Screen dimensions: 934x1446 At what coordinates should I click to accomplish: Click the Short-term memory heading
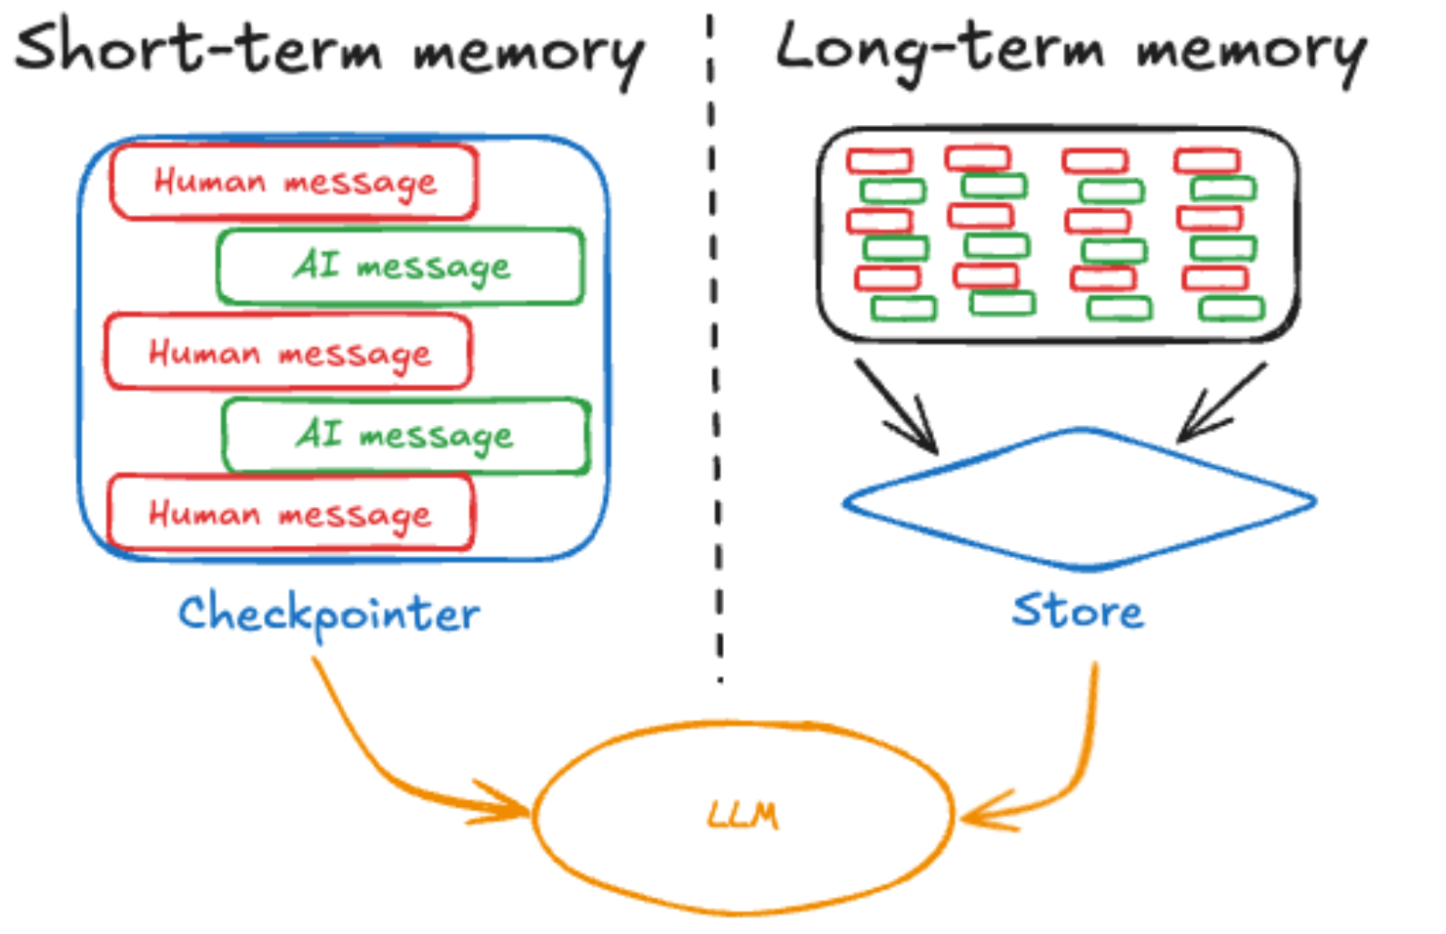point(329,49)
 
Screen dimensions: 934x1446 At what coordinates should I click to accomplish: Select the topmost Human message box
point(294,182)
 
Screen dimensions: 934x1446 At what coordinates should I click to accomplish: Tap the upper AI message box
point(401,266)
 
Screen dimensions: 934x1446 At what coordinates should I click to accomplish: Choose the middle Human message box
point(289,352)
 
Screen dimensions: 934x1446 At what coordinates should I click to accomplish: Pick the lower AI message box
point(405,435)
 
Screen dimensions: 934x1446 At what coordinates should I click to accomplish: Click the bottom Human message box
point(290,513)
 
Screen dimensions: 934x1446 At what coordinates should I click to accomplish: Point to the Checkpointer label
point(328,614)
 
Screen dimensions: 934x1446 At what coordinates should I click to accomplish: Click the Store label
point(1078,612)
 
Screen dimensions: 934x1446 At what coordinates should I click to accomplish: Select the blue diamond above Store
point(1080,499)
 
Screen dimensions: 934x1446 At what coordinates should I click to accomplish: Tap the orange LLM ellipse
point(743,817)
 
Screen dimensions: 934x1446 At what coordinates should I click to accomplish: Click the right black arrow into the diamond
point(1221,403)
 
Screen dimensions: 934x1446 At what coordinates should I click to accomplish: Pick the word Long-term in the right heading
point(938,49)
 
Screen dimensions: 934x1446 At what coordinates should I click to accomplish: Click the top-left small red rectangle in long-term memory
point(879,160)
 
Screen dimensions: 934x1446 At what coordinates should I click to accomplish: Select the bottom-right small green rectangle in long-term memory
point(1231,310)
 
